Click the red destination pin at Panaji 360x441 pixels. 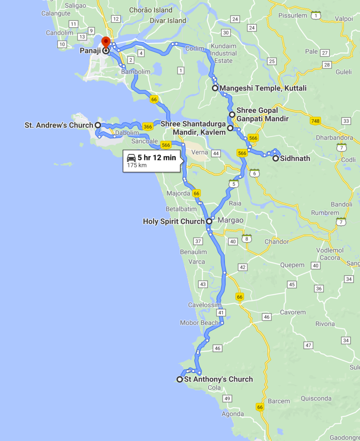(106, 43)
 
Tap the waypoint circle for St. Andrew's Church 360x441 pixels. (98, 125)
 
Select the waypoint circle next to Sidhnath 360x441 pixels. (276, 158)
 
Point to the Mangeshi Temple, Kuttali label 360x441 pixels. (263, 88)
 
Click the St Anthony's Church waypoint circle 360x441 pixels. (180, 379)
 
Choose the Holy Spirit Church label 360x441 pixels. (174, 221)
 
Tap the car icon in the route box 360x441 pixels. (131, 158)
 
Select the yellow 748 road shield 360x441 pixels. (315, 121)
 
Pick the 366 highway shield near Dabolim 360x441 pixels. (148, 127)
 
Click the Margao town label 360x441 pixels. (230, 220)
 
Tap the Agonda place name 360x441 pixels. (232, 414)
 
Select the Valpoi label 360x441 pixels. (344, 19)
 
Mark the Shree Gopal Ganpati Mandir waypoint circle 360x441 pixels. (232, 115)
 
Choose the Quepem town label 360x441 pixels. (292, 265)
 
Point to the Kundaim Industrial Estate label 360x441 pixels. (224, 53)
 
